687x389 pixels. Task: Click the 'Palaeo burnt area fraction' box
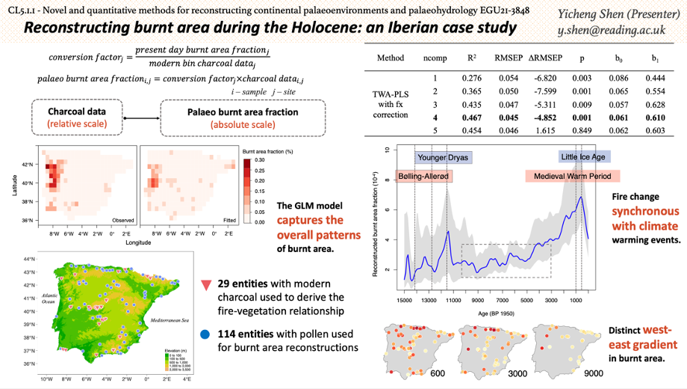[241, 117]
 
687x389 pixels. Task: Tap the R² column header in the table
[471, 58]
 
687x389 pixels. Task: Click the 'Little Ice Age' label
[585, 157]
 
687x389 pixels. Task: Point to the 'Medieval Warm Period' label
[572, 177]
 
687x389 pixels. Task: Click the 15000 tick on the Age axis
[404, 300]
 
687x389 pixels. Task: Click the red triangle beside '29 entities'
[207, 285]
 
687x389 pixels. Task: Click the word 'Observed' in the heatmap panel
[123, 221]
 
